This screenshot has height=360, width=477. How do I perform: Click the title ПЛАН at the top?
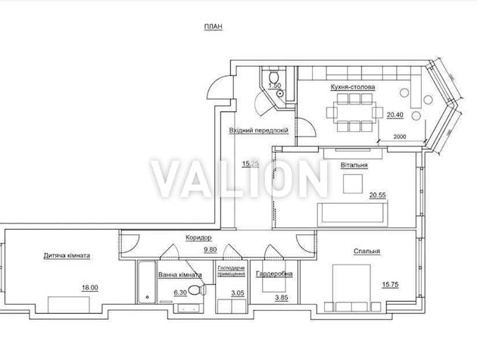[x=213, y=27]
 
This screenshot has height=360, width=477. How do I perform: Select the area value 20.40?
[x=395, y=115]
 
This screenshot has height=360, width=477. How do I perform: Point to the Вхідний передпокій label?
[x=258, y=130]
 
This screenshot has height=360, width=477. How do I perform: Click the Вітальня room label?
[x=354, y=164]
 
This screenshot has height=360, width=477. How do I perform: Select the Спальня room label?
[x=366, y=252]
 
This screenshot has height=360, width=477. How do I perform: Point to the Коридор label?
[x=198, y=237]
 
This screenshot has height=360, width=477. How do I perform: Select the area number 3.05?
[x=236, y=292]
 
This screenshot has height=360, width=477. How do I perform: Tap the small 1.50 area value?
[x=276, y=86]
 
